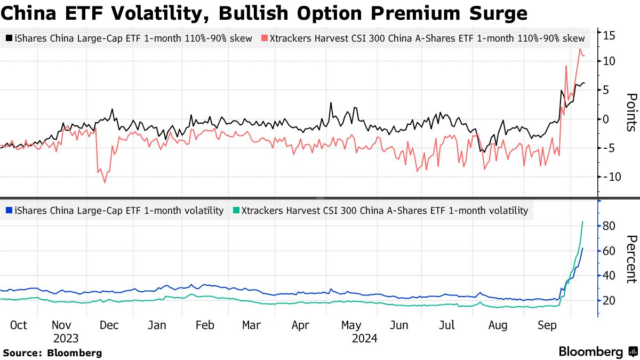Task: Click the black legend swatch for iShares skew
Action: click(9, 38)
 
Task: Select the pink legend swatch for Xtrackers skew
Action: click(265, 38)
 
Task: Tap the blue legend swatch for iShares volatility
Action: click(9, 211)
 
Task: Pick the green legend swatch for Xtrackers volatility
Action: click(236, 211)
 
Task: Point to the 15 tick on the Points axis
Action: click(610, 36)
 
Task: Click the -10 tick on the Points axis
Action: click(608, 177)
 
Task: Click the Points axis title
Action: click(630, 112)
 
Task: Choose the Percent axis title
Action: click(630, 259)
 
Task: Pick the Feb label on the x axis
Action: click(205, 325)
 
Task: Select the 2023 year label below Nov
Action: click(66, 339)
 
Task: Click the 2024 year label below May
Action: click(364, 339)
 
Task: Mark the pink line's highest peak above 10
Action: click(580, 49)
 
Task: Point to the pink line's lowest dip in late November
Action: click(105, 182)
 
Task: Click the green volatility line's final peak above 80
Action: click(582, 221)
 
